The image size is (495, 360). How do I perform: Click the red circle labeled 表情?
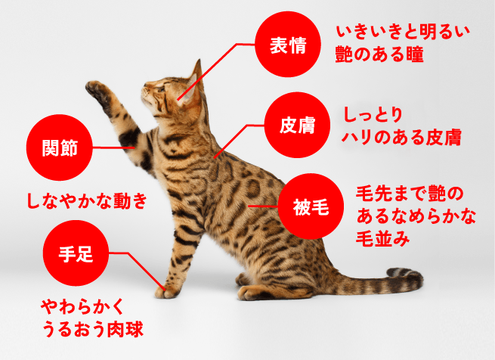[288, 45]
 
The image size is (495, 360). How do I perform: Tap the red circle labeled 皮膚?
[297, 125]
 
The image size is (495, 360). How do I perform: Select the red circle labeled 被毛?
[311, 206]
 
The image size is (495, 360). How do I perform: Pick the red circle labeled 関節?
[60, 147]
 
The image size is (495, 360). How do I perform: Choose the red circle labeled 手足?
[76, 253]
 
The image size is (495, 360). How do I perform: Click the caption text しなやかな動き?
[87, 200]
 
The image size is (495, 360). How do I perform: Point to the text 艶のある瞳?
[379, 54]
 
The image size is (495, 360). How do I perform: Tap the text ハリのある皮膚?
[401, 138]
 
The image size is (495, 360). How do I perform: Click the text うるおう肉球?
[93, 329]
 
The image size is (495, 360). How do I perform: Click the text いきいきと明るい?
[403, 32]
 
